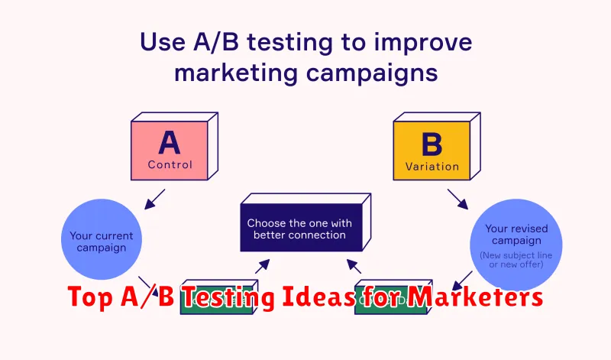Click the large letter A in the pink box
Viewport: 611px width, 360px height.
point(170,142)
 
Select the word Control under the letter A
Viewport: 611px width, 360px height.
point(170,164)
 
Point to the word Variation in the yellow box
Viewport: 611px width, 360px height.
point(432,165)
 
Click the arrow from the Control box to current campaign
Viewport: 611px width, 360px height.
point(156,198)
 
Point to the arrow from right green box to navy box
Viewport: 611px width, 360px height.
point(354,266)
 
